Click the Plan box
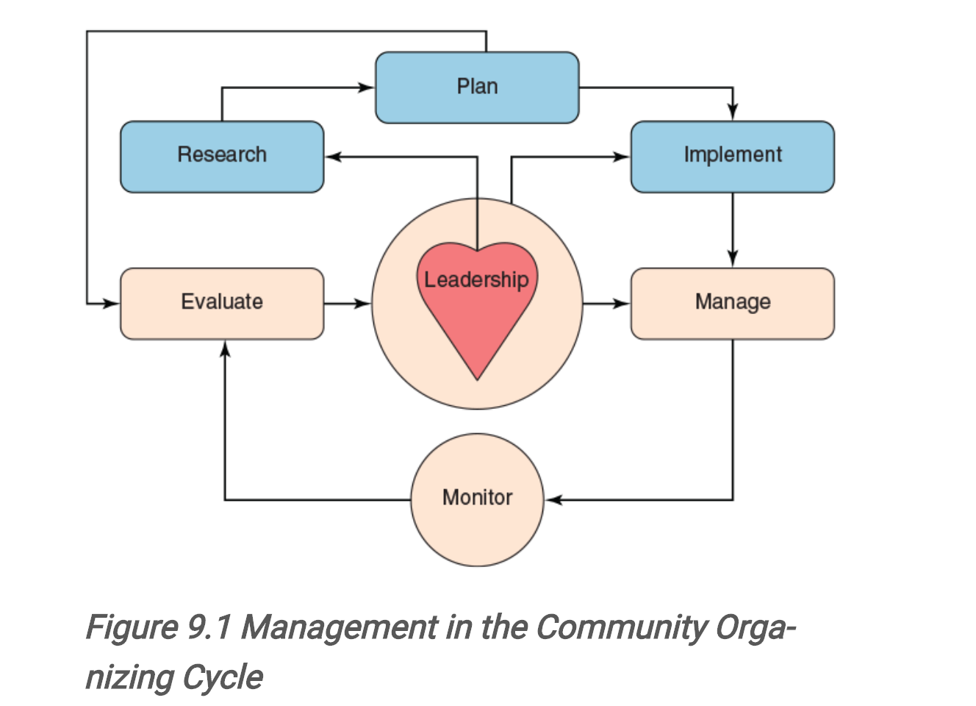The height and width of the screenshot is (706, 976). (477, 88)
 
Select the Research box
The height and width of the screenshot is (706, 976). (222, 157)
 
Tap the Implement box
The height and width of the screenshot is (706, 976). (732, 157)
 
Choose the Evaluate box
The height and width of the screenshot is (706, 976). (222, 303)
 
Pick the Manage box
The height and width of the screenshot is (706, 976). (732, 303)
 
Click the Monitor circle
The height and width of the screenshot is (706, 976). (477, 499)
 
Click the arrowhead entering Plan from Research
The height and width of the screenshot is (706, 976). (367, 88)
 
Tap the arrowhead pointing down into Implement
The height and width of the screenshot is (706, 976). (732, 113)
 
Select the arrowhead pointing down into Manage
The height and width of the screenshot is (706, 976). (732, 259)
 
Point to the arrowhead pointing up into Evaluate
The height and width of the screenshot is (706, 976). (225, 349)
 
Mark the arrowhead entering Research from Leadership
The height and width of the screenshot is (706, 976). (334, 157)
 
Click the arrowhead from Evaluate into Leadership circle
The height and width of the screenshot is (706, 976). (363, 303)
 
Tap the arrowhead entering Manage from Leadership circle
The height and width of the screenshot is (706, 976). (622, 303)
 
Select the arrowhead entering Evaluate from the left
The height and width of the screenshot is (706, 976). (112, 303)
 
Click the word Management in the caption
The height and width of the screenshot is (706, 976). (339, 627)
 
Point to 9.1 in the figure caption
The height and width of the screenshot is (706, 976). (209, 627)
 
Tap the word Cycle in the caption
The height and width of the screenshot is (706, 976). (223, 677)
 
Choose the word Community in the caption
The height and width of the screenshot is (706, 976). (621, 627)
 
